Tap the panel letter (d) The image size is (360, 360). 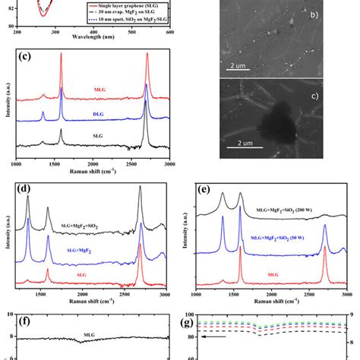pos(26,188)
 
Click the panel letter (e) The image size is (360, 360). pos(203,188)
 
